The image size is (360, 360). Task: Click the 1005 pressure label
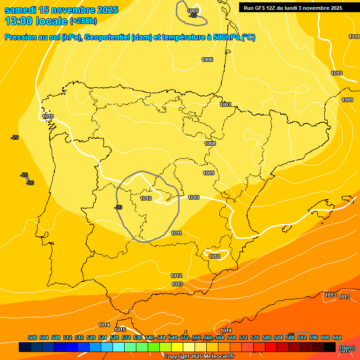(193, 11)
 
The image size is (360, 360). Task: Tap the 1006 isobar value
(207, 60)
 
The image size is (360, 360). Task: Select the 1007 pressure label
(225, 105)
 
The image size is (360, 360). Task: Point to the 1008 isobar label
(210, 143)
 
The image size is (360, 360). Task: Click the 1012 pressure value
(177, 276)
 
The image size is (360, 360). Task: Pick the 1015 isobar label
(120, 330)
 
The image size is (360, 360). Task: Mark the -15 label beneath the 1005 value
(193, 16)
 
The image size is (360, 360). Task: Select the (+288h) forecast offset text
(83, 21)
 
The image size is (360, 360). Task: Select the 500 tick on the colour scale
(32, 337)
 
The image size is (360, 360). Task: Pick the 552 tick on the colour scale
(185, 337)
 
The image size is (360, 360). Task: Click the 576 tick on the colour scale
(255, 337)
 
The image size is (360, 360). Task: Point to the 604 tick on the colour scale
(337, 337)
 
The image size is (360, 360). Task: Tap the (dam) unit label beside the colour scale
(346, 348)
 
